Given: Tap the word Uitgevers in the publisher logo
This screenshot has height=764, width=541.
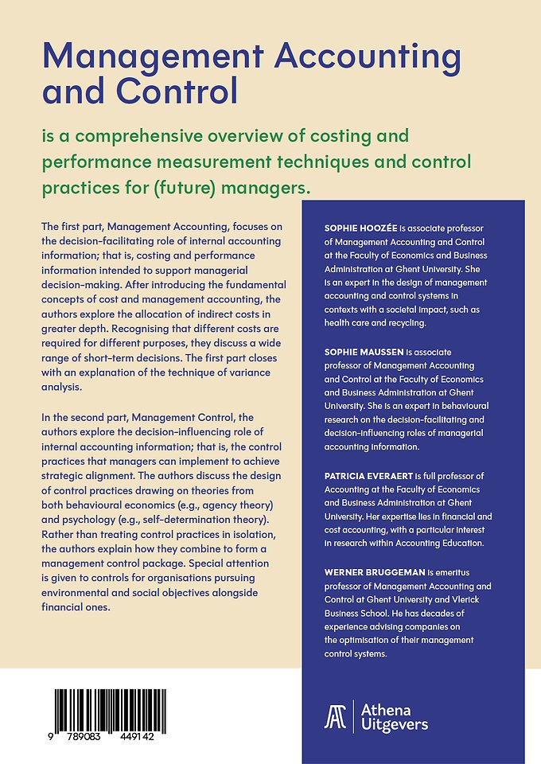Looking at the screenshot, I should pyautogui.click(x=395, y=724).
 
